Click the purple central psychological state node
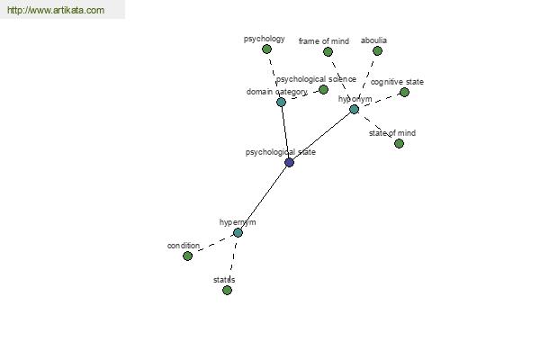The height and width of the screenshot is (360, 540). coord(289,162)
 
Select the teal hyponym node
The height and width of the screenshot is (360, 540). coord(354,109)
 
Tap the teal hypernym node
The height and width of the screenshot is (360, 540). coord(238,232)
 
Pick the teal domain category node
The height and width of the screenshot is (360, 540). coord(281,102)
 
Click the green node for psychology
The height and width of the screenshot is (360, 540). coord(266,49)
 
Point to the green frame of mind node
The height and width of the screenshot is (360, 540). coord(328,51)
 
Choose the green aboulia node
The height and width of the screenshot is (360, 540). coord(377,51)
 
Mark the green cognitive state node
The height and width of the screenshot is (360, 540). coord(404,92)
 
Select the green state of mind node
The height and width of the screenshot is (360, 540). coord(399,143)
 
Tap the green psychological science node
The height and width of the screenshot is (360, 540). coord(323,90)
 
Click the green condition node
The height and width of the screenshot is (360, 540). coord(187,256)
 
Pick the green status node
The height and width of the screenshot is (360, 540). coord(227,290)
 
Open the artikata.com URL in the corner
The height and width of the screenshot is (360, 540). coord(56,10)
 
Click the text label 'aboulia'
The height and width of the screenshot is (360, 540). coord(373,40)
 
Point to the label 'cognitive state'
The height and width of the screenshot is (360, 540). coord(397,82)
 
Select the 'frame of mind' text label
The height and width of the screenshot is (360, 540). coord(324,41)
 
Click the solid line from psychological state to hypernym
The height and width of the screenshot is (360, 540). coord(264,197)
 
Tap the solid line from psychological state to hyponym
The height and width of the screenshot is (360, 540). coord(321,136)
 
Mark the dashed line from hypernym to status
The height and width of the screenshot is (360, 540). coord(232,261)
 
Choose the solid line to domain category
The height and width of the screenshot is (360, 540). coord(285,132)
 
